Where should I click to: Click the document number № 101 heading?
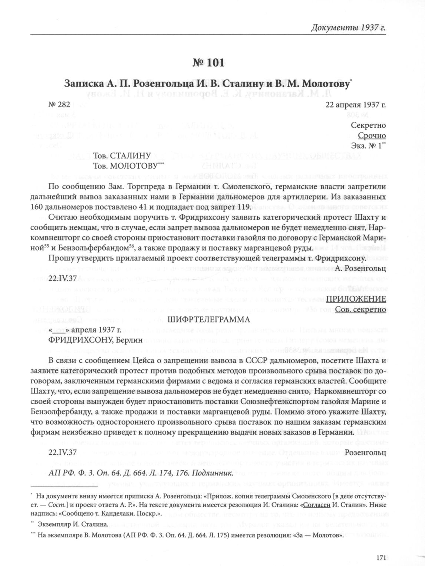tap(208, 63)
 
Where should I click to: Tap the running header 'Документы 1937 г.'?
tap(348, 28)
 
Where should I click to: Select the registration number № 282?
tap(59, 105)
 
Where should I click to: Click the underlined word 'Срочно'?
tap(372, 135)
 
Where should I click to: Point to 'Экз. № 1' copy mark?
tap(368, 145)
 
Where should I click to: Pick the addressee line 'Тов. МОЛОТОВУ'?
tap(126, 166)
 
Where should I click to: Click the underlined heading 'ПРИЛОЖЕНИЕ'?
tap(356, 299)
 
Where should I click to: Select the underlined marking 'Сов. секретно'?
tap(360, 309)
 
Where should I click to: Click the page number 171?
tap(381, 557)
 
